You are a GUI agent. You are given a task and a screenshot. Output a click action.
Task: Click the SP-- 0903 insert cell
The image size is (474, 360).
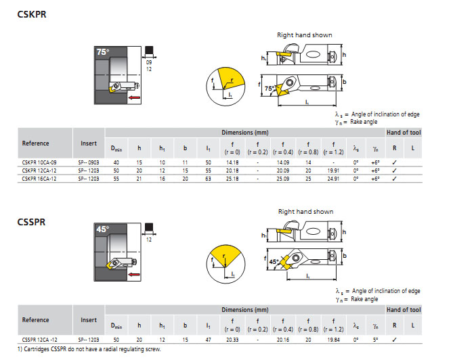point(89,163)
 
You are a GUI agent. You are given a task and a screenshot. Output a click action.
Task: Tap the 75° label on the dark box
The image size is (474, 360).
point(102,52)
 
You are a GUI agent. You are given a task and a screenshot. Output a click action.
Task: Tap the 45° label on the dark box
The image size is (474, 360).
point(102,229)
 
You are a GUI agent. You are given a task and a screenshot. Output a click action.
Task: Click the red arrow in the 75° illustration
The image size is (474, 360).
point(135,98)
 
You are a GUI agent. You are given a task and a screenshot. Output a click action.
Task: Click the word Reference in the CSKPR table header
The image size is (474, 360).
point(35,143)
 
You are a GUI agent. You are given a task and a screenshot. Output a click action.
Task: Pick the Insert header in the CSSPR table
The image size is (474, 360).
point(89,320)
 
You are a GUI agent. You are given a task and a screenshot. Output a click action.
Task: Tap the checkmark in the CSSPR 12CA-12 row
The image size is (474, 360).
point(394,339)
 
